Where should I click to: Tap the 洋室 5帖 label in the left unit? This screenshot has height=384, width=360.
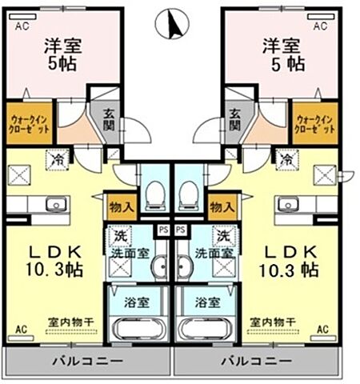[61, 55]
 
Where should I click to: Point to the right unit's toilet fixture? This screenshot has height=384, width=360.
[190, 192]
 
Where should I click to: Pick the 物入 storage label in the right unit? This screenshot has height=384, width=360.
[222, 207]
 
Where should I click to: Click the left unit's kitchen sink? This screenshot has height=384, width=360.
[55, 204]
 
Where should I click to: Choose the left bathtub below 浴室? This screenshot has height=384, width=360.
[140, 329]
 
